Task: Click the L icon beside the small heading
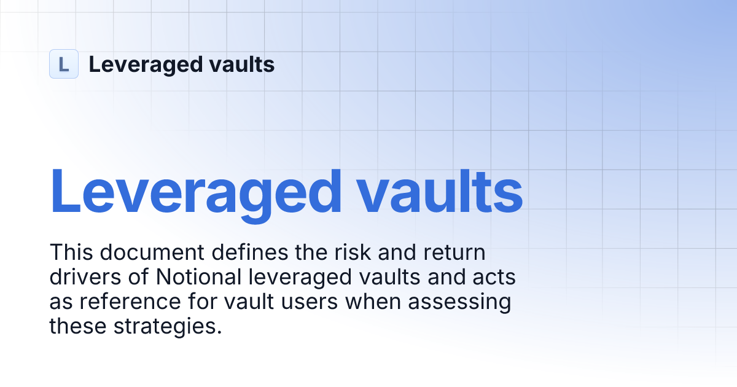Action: pyautogui.click(x=64, y=64)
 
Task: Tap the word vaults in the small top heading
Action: pyautogui.click(x=244, y=64)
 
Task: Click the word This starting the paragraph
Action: pyautogui.click(x=70, y=252)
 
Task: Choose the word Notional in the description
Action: pyautogui.click(x=197, y=278)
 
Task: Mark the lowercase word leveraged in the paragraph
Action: pyautogui.click(x=300, y=278)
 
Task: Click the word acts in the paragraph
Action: pyautogui.click(x=493, y=278)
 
